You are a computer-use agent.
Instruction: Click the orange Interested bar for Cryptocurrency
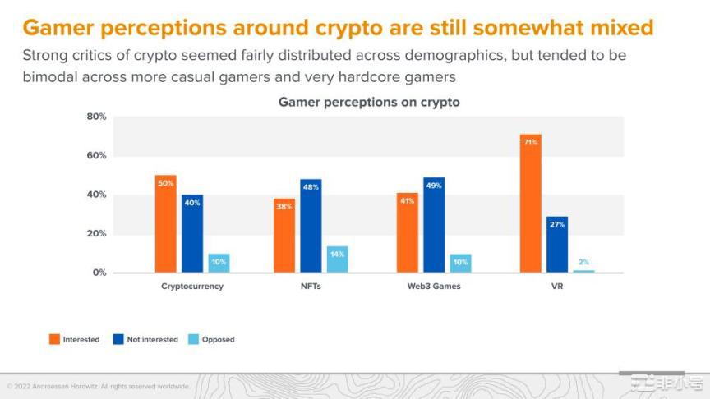click(x=165, y=223)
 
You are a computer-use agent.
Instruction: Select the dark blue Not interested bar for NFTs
click(x=311, y=226)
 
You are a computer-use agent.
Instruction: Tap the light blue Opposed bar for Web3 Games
click(x=460, y=263)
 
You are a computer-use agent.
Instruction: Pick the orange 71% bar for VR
click(x=530, y=204)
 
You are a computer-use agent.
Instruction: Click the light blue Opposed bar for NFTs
click(x=337, y=259)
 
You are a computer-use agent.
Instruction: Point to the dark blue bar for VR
click(x=557, y=245)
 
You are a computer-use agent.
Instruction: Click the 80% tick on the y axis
click(x=97, y=117)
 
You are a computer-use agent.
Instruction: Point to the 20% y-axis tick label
click(x=97, y=234)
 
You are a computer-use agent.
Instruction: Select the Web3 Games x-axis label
click(x=433, y=287)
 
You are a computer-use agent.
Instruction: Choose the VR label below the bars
click(x=556, y=287)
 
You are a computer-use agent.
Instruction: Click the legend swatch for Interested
click(x=54, y=339)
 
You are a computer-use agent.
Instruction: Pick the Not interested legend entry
click(x=152, y=339)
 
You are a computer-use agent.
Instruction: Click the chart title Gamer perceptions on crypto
click(x=369, y=103)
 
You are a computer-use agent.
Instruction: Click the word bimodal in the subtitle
click(x=48, y=76)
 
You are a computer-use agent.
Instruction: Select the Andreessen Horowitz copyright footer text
click(x=99, y=386)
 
